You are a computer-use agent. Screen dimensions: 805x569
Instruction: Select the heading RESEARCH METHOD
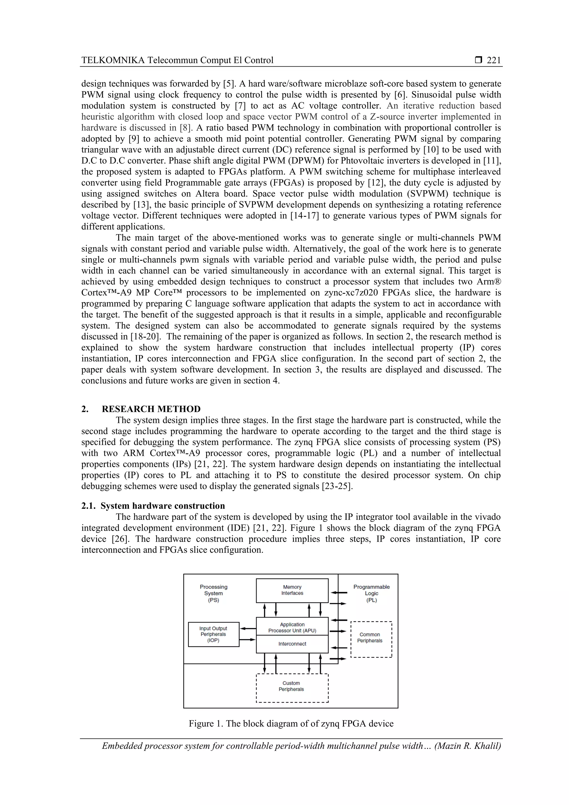[151, 409]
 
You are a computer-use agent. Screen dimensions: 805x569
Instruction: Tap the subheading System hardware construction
[163, 505]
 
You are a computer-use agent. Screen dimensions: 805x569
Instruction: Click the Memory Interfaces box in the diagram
[292, 590]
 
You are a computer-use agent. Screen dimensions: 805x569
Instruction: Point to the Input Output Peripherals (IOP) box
[213, 634]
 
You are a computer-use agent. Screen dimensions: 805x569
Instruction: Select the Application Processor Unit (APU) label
[292, 627]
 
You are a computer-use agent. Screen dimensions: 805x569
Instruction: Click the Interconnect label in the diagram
[292, 644]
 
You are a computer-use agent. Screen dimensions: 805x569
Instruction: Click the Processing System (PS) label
[213, 593]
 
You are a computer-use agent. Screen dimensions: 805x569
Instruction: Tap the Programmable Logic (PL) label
[371, 593]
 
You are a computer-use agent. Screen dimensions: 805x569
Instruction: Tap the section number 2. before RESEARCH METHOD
[85, 409]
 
